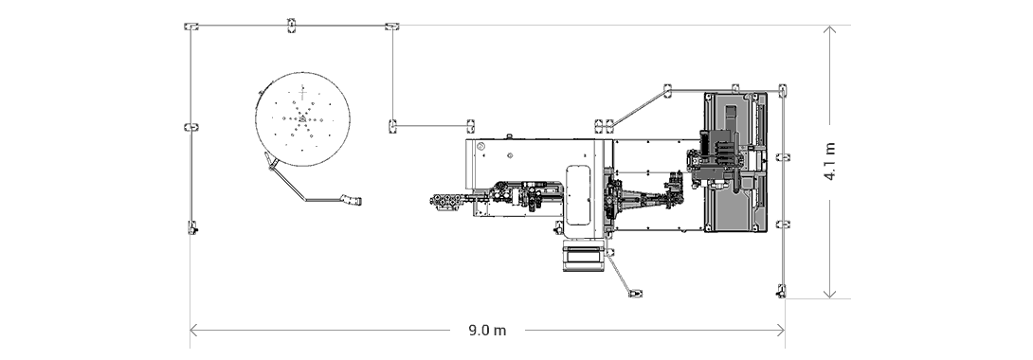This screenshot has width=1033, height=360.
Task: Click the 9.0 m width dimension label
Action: tap(487, 331)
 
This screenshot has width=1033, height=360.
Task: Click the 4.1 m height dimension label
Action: tap(830, 162)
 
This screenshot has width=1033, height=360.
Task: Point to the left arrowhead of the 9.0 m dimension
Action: tap(193, 331)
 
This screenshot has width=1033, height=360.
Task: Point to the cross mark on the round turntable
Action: tap(302, 91)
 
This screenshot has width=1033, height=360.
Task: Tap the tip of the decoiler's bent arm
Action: tap(355, 200)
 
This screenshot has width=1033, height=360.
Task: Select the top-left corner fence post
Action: tap(190, 26)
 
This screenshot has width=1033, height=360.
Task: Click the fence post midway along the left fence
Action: tap(189, 126)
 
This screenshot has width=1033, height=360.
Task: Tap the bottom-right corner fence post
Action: tap(782, 289)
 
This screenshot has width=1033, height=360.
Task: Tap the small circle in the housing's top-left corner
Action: tap(480, 147)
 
